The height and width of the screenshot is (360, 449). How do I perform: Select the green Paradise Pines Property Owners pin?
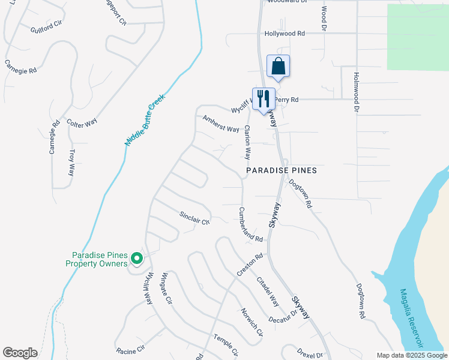(137, 259)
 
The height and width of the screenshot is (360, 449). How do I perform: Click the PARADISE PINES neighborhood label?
(282, 171)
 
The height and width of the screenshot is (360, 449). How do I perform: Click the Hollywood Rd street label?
(285, 34)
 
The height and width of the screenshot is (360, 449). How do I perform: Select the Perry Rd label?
(286, 100)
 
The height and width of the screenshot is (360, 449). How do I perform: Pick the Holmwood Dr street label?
(356, 92)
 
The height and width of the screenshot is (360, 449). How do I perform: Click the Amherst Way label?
(221, 124)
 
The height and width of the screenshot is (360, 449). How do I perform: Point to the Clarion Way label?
(247, 142)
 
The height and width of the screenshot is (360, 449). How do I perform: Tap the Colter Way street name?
(82, 123)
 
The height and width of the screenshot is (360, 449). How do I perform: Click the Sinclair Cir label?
(194, 217)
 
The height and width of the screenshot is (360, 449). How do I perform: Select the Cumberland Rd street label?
(250, 225)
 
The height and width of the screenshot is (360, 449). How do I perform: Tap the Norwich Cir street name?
(252, 322)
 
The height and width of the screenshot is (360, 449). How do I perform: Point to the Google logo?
(20, 353)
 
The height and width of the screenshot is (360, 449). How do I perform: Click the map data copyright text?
(411, 355)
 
